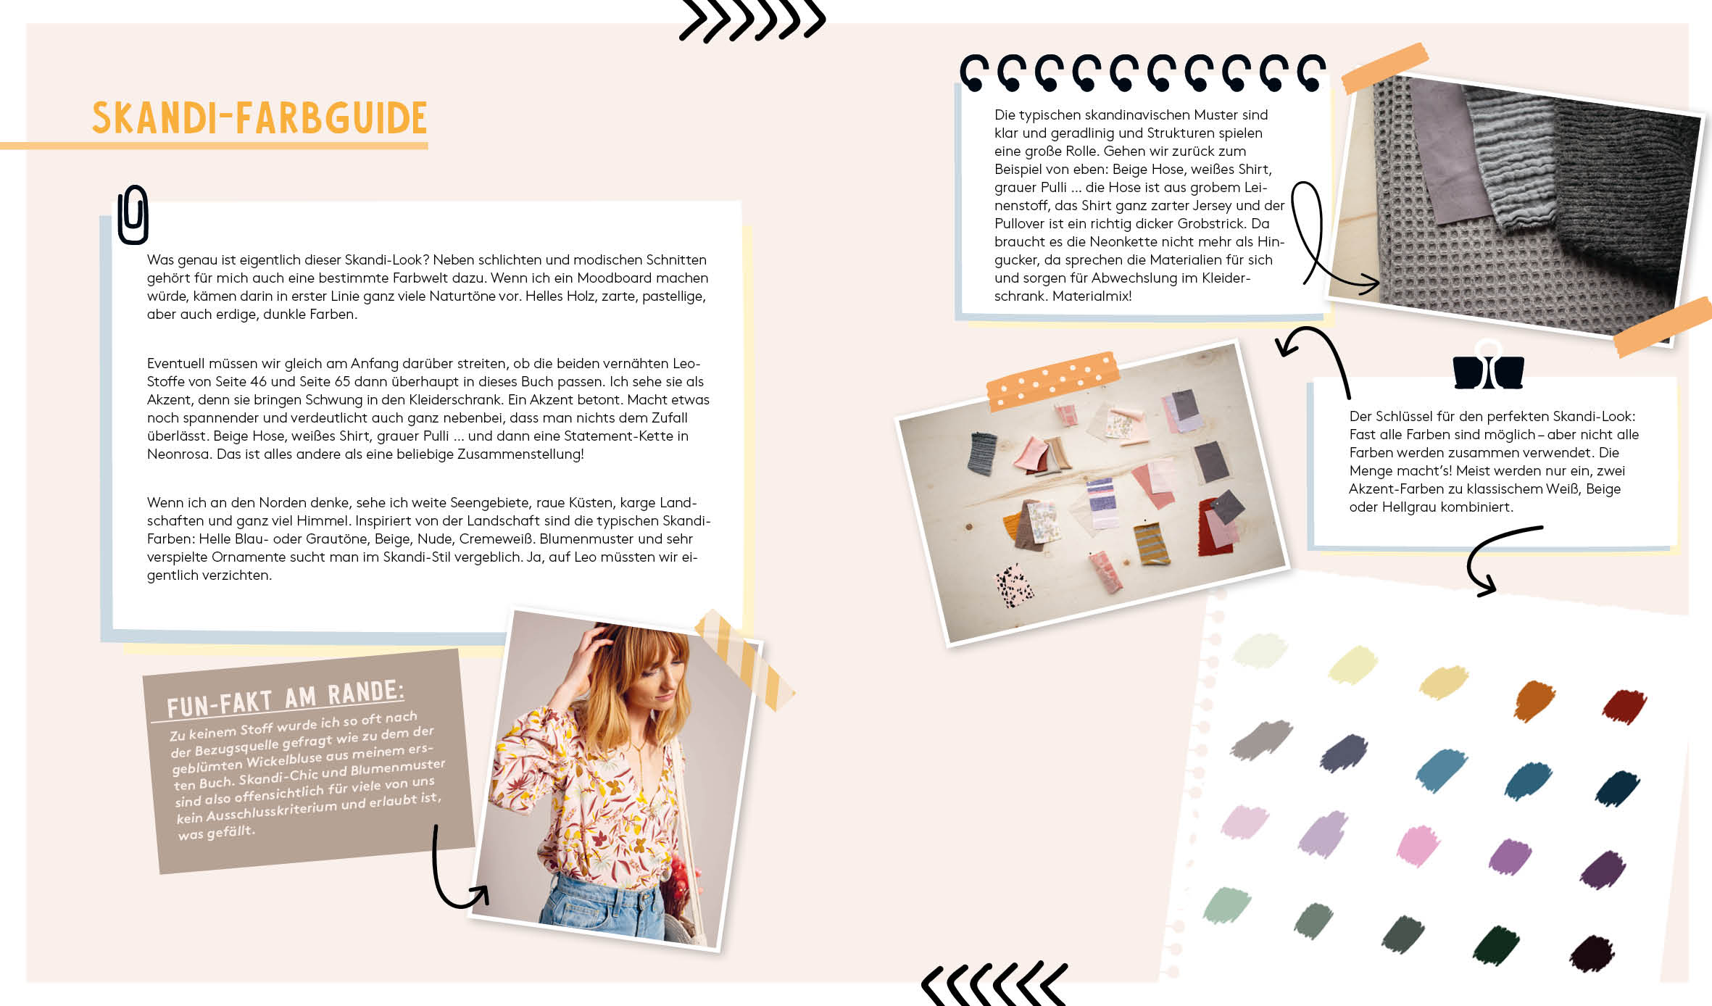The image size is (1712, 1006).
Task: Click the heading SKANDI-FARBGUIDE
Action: (x=259, y=118)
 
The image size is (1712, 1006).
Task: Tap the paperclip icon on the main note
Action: (x=133, y=215)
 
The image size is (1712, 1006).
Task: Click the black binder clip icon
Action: (x=1488, y=370)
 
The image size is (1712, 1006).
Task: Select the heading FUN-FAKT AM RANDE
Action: (x=285, y=698)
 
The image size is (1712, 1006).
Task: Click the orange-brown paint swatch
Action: (x=1535, y=699)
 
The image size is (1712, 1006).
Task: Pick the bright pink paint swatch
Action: (x=1418, y=845)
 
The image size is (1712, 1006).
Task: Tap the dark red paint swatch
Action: (x=1624, y=706)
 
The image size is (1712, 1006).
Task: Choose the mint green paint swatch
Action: (x=1227, y=905)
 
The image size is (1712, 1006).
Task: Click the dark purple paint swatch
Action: (x=1603, y=869)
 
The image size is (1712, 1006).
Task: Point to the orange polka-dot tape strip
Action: (x=1053, y=381)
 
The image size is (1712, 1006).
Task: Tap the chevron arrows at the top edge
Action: (x=752, y=20)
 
